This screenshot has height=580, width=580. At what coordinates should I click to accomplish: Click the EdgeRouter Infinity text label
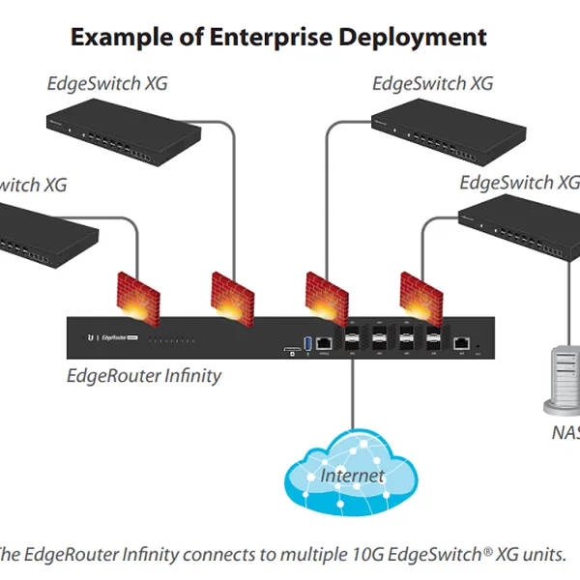pos(144,375)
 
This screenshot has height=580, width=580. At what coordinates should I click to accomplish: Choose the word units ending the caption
pos(543,555)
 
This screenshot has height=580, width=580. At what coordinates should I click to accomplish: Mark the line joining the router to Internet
pos(353,396)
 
